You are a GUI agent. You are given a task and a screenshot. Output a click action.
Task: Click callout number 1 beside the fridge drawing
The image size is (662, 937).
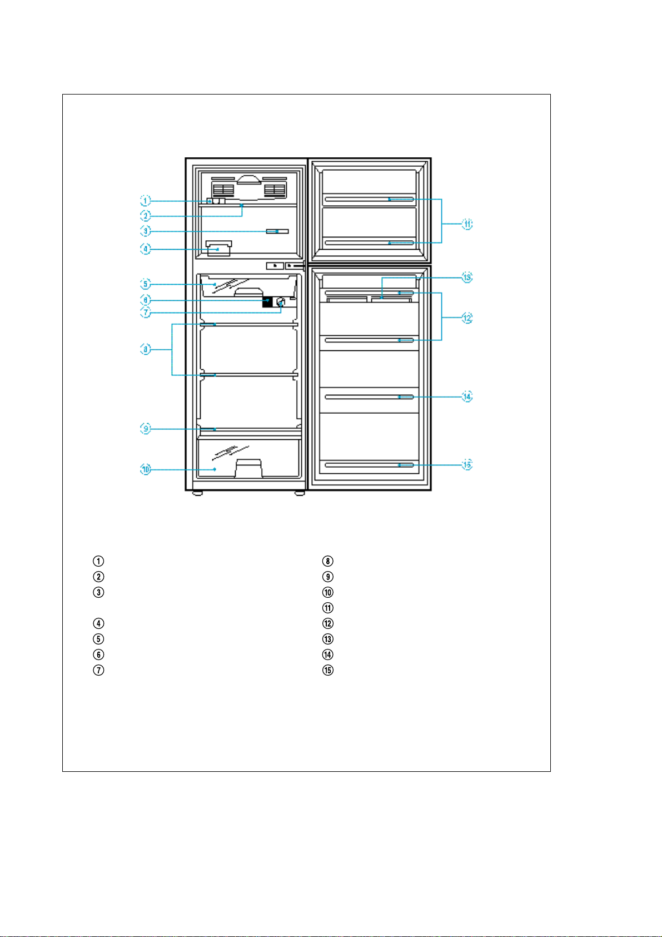pyautogui.click(x=145, y=200)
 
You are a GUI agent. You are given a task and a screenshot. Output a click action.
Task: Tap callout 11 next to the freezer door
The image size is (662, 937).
pyautogui.click(x=467, y=224)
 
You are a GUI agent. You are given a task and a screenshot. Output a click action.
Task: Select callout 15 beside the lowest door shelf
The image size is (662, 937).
pyautogui.click(x=467, y=465)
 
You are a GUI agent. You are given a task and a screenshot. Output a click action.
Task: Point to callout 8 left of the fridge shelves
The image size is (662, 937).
pyautogui.click(x=145, y=350)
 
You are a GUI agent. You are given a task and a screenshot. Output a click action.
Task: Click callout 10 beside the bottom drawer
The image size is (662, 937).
pyautogui.click(x=145, y=470)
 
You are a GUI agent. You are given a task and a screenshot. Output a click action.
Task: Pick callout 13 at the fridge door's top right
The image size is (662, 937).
pyautogui.click(x=467, y=277)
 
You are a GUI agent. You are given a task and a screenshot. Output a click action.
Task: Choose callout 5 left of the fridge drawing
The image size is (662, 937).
pyautogui.click(x=145, y=285)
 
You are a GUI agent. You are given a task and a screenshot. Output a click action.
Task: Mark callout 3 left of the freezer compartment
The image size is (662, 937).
pyautogui.click(x=145, y=231)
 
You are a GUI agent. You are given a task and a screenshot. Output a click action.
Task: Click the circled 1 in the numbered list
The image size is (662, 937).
pyautogui.click(x=98, y=561)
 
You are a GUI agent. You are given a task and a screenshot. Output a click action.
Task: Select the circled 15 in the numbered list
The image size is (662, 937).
pyautogui.click(x=328, y=670)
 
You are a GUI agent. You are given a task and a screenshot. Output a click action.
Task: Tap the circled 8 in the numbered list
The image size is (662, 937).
pyautogui.click(x=328, y=561)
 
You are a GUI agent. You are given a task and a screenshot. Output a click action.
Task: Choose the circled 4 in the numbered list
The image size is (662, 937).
pyautogui.click(x=98, y=623)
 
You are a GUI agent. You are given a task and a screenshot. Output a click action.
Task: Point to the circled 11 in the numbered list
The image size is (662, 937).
pyautogui.click(x=328, y=608)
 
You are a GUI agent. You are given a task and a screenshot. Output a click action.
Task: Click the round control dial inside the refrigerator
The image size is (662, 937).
pyautogui.click(x=281, y=303)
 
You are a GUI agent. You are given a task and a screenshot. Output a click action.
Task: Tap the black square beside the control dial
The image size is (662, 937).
pyautogui.click(x=267, y=302)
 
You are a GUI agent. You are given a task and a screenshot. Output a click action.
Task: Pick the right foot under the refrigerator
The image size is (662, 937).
pyautogui.click(x=300, y=493)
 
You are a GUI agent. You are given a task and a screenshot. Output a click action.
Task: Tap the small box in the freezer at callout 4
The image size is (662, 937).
pyautogui.click(x=218, y=249)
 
